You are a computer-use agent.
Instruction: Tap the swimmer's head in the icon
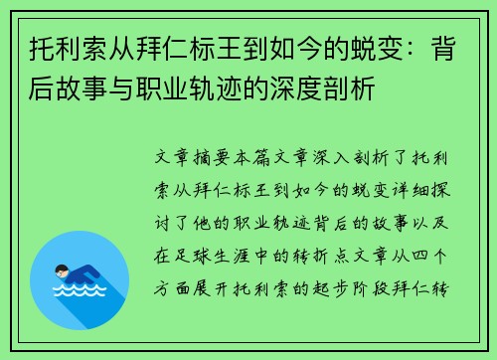(63, 269)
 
